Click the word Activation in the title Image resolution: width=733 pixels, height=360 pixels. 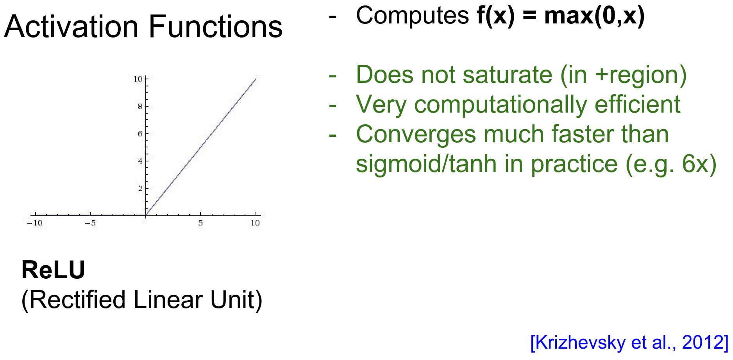(x=72, y=27)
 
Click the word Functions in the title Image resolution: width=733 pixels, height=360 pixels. (x=216, y=27)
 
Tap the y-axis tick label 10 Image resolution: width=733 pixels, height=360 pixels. (x=138, y=79)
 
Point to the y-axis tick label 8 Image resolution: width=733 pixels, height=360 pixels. (x=140, y=106)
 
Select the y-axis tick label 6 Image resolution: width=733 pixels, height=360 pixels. (x=140, y=134)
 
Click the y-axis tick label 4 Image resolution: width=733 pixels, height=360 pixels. (x=140, y=161)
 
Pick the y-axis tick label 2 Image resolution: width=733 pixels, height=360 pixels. (x=140, y=188)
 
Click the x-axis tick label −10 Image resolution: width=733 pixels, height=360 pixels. (x=35, y=223)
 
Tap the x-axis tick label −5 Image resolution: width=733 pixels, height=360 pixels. (x=90, y=223)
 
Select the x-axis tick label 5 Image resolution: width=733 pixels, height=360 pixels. (x=200, y=223)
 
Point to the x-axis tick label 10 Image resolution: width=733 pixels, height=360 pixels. (x=255, y=223)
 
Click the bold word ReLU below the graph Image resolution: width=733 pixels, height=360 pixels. (x=53, y=270)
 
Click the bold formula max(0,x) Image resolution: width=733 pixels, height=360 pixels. (x=594, y=16)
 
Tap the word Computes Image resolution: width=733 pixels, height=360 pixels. (x=412, y=16)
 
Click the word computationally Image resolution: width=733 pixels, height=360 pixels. (x=501, y=105)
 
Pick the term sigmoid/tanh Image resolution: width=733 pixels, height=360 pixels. (x=426, y=164)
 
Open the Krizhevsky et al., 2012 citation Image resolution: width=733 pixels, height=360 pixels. (x=629, y=342)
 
